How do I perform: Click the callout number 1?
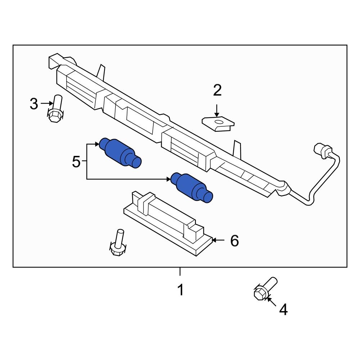coord(180,289)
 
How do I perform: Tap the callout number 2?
coord(217,90)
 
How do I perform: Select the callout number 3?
coord(34,104)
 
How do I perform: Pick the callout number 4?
coord(284,310)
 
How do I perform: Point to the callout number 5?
coord(76,162)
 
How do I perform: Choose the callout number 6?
coord(234,240)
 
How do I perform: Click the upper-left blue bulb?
coord(120,153)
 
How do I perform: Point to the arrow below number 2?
coord(217,110)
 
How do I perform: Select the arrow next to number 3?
coord(46,104)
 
